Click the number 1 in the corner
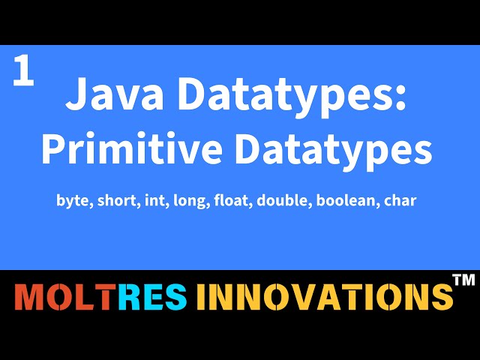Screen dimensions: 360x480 pos(23,73)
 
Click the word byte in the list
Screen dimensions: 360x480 pos(72,201)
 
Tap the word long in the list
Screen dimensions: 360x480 pos(188,201)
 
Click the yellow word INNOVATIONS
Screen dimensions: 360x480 pos(324,298)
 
